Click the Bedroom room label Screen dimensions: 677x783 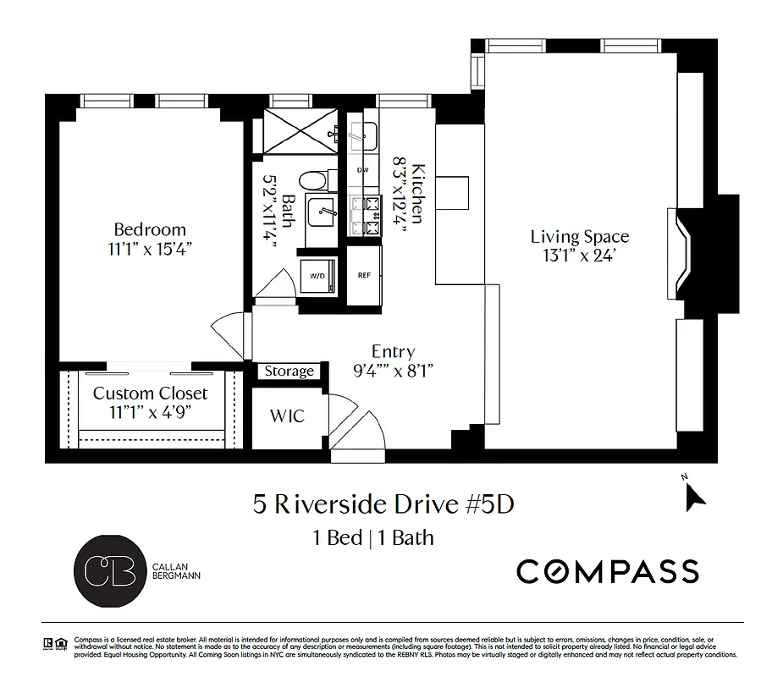tap(150, 229)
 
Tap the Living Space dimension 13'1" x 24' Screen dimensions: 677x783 tap(579, 255)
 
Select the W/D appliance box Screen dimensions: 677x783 tap(318, 276)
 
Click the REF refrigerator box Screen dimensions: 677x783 tap(364, 276)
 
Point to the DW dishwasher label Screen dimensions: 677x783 tap(363, 170)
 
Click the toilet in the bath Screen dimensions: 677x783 tap(314, 180)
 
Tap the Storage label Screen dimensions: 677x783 tap(289, 372)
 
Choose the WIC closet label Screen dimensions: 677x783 tap(286, 416)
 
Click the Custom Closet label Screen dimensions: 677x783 tap(150, 394)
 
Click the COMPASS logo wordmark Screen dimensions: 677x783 tap(608, 571)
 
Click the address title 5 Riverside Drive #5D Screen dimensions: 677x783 tap(383, 504)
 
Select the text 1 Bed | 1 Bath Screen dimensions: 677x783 tap(373, 537)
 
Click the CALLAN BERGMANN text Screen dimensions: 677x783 tap(174, 571)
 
